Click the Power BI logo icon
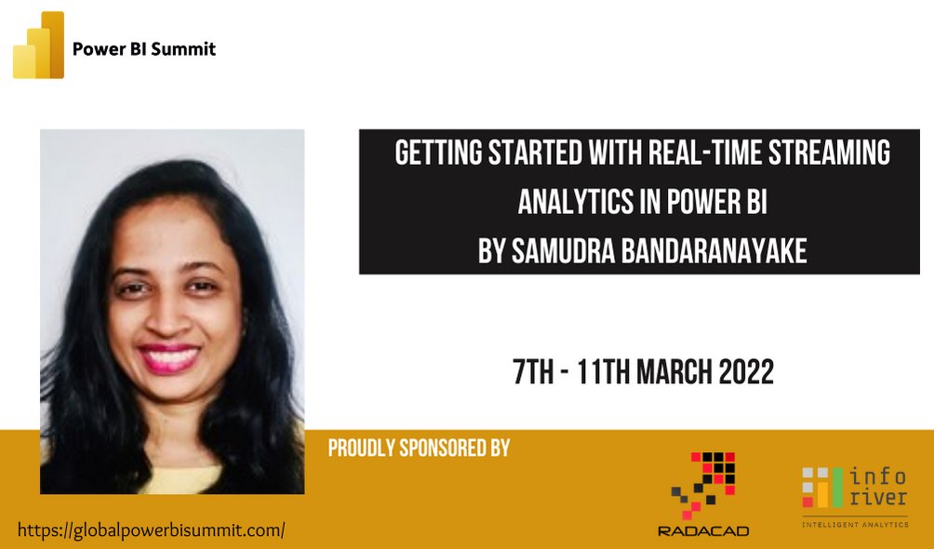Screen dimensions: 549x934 tap(38, 46)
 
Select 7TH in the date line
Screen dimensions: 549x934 tap(533, 372)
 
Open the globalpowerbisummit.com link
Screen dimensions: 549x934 tap(151, 530)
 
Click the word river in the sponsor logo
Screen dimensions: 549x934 tap(878, 498)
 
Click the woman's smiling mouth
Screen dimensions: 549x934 tap(169, 356)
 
